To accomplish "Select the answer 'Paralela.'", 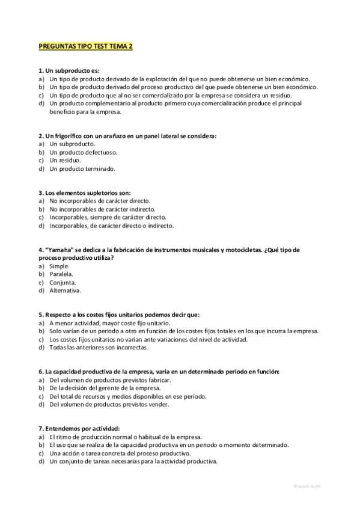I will tap(61, 274).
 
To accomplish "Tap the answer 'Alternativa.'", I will tap(66, 290).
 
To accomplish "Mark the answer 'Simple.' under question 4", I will tap(59, 266).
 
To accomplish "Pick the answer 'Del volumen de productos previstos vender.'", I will tap(109, 404).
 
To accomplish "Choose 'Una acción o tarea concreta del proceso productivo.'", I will tap(120, 453).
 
